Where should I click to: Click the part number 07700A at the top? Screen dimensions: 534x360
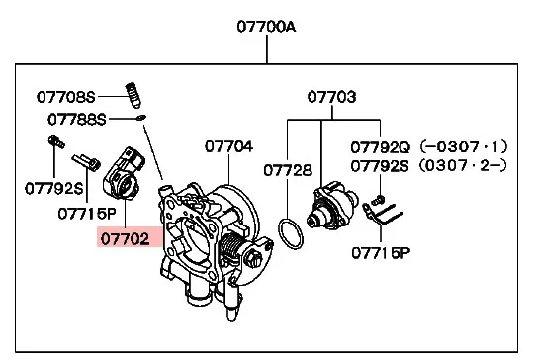(x=266, y=27)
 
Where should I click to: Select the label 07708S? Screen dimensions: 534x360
(x=65, y=97)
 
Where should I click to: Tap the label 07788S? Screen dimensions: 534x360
(x=77, y=120)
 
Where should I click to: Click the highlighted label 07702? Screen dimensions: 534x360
(x=125, y=239)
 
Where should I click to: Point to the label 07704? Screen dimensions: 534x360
(x=228, y=146)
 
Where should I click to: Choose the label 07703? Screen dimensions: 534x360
(x=331, y=97)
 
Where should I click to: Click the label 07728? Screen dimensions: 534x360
(x=288, y=170)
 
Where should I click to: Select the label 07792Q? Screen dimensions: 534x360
(x=381, y=147)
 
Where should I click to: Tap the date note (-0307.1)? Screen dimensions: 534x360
(x=464, y=146)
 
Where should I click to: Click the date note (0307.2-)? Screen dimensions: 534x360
(x=463, y=166)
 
